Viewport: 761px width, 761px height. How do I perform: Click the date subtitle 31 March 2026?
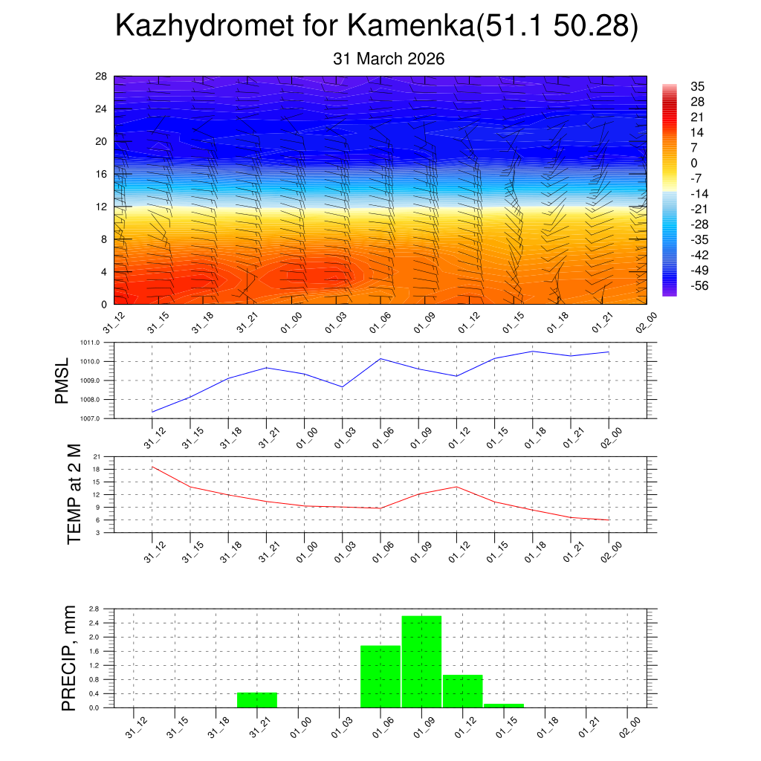[x=389, y=59]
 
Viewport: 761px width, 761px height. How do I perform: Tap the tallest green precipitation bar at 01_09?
[x=421, y=661]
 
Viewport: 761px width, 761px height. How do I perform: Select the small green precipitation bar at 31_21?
[x=257, y=699]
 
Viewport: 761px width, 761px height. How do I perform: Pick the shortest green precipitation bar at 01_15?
[x=504, y=705]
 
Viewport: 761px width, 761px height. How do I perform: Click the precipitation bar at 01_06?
[x=380, y=676]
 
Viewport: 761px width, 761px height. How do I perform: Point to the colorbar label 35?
[x=697, y=86]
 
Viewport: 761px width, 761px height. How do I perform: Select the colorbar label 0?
[x=694, y=163]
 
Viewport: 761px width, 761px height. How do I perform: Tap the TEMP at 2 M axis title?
[x=74, y=494]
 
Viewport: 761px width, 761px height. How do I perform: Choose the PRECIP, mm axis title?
[x=69, y=658]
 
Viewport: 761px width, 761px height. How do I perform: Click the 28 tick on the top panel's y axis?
[x=102, y=77]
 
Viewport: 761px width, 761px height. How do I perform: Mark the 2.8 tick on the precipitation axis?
[x=94, y=609]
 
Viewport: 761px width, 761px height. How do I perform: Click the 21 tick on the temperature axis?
[x=97, y=456]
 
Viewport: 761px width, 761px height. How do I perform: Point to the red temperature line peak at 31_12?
[x=152, y=467]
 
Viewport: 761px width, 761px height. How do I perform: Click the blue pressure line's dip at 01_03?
[x=343, y=386]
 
